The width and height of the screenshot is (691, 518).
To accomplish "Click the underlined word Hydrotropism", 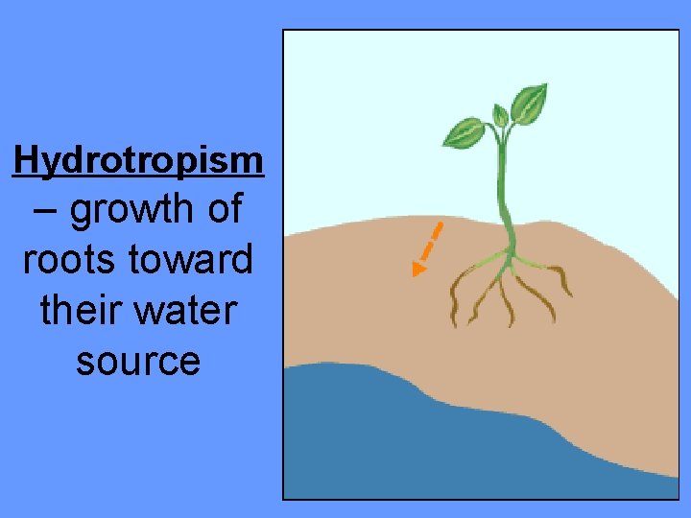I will pos(138,161).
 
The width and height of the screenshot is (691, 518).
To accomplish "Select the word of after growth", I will pos(223,209).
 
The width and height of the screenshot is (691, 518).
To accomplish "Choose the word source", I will pos(138,361).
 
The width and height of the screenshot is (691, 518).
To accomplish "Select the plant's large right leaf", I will pos(529,103).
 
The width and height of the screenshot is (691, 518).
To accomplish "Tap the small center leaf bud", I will pos(498,116).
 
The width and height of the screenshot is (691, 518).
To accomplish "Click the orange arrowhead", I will pos(417,270).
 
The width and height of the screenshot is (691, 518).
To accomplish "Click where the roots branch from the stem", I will pos(507,255).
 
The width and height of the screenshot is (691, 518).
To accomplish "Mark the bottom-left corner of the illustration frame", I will pos(283,498).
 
